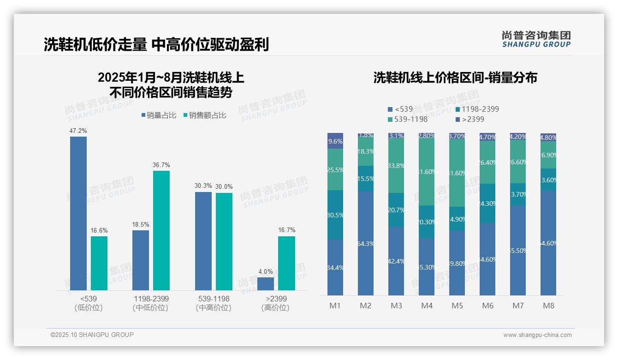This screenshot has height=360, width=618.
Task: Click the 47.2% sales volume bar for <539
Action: [78, 213]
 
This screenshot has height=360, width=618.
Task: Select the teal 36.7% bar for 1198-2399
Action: [161, 230]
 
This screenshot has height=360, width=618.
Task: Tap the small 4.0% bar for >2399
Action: [266, 283]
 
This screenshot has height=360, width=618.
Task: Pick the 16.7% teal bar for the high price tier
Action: [286, 263]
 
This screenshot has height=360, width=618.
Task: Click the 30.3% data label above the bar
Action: [203, 186]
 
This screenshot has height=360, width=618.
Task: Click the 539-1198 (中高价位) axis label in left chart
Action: [213, 303]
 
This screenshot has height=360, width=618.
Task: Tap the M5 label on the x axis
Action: [457, 306]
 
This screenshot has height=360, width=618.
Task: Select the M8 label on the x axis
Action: [548, 306]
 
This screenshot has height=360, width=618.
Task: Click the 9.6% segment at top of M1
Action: [335, 141]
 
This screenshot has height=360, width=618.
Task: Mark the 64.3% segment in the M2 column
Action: [366, 243]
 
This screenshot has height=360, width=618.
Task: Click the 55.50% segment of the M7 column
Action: [518, 250]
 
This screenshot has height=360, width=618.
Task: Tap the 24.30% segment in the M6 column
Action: [487, 204]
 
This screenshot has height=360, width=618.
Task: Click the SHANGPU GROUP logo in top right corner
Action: [536, 39]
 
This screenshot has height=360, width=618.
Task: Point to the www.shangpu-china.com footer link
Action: [537, 335]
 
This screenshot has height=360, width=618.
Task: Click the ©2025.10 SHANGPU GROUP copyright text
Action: [92, 335]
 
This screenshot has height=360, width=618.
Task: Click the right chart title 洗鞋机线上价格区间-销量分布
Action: [455, 78]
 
